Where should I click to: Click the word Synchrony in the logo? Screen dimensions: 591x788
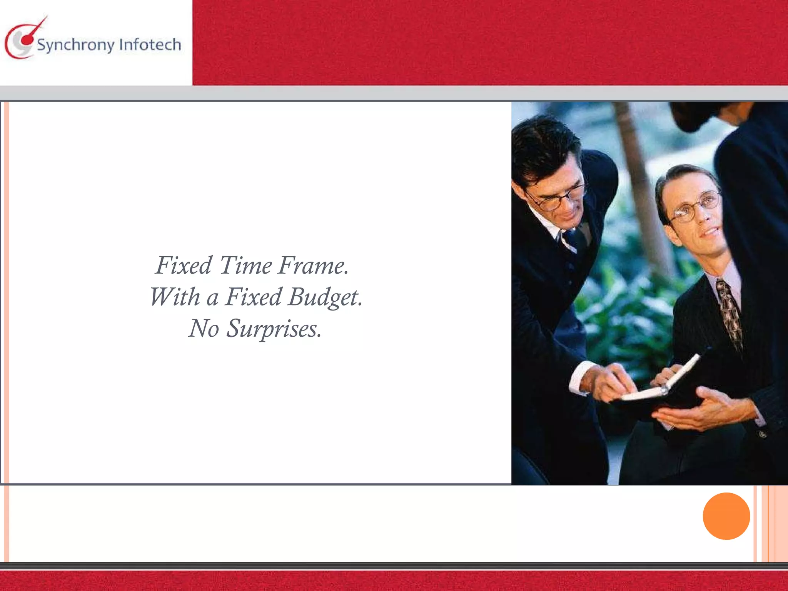point(76,45)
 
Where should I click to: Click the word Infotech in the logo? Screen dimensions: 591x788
point(150,45)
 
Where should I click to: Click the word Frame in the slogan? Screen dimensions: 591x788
point(313,265)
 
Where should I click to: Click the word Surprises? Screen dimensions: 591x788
point(273,329)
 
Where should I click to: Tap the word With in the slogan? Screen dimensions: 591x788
point(175,297)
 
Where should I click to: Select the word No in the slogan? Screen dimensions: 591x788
point(204,329)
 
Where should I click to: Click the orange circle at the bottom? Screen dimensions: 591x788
point(726,516)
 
